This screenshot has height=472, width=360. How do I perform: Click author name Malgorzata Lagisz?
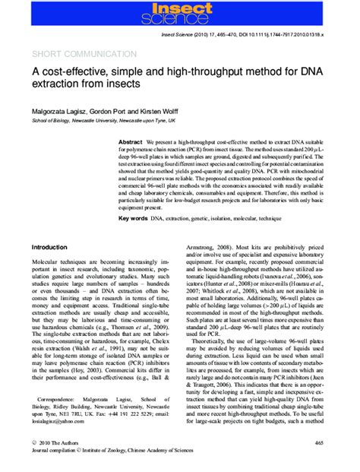pos(63,110)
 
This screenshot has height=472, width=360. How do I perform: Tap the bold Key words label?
pos(134,218)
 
